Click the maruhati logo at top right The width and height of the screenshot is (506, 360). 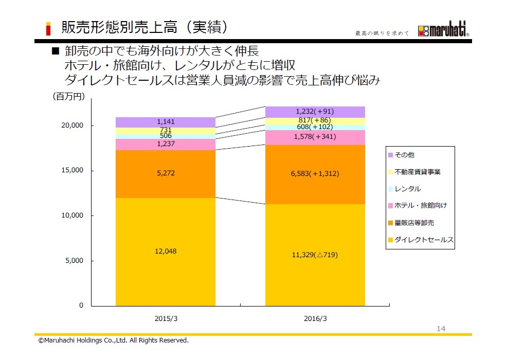click(x=443, y=31)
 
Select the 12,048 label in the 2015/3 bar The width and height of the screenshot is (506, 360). click(x=165, y=251)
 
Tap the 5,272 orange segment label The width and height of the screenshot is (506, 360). click(x=165, y=173)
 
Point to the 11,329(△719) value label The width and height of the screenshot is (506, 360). click(x=315, y=255)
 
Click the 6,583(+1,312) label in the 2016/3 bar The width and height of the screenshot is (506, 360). click(x=315, y=174)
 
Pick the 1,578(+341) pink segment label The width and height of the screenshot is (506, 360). click(x=315, y=137)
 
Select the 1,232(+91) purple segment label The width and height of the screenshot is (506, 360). click(x=315, y=111)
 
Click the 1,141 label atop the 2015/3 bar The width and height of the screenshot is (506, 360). click(x=165, y=122)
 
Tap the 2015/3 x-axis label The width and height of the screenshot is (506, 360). click(x=166, y=318)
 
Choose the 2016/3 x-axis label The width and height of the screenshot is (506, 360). click(x=315, y=318)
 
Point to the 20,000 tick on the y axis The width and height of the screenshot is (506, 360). click(x=73, y=125)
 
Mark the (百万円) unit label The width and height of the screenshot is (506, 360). click(x=68, y=96)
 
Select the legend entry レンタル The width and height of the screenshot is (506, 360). click(x=408, y=189)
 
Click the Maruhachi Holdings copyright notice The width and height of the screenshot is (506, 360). click(x=114, y=340)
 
